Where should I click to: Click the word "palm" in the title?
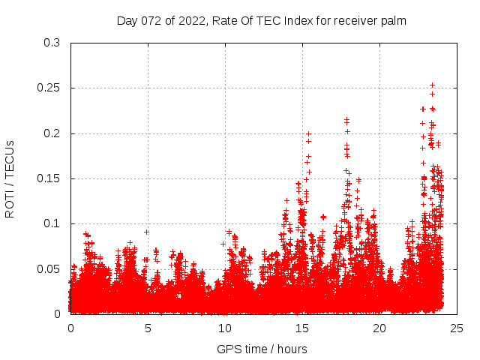tap(393, 21)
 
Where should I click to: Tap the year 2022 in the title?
tap(193, 21)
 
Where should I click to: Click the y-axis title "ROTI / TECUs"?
tap(10, 178)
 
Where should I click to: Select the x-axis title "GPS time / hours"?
tap(262, 349)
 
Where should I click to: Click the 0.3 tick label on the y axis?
tap(52, 43)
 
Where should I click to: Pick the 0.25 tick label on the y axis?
tap(49, 88)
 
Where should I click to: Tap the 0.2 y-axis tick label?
tap(52, 133)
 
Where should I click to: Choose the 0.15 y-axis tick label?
tap(49, 178)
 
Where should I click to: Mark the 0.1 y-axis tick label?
tap(52, 223)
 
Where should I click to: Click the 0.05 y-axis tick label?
tap(49, 268)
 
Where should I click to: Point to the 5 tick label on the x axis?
tap(148, 328)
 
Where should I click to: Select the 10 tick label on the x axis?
tap(225, 328)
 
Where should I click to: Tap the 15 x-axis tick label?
tap(302, 328)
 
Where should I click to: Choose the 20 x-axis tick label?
tap(379, 328)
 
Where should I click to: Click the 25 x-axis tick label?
tap(457, 328)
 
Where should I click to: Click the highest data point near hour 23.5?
tap(432, 85)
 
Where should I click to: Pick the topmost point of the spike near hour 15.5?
tap(308, 133)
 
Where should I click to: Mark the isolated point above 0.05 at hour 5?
tap(147, 232)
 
